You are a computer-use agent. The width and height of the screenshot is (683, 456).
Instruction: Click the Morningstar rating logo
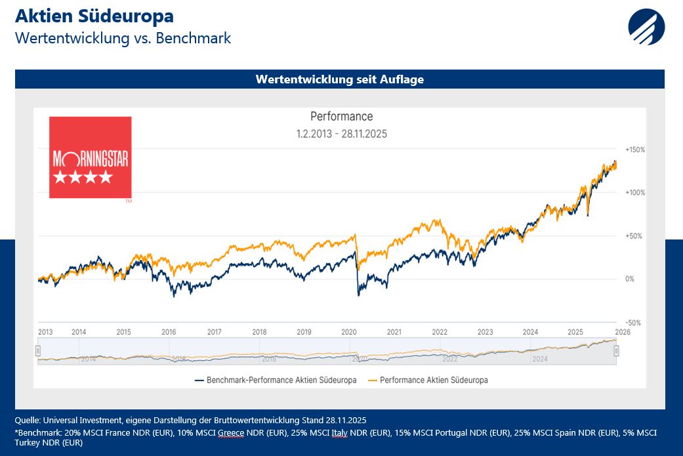[x=90, y=157]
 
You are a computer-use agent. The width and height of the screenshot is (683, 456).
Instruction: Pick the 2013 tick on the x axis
[x=45, y=332]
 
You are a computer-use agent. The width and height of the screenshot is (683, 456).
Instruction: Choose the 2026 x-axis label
[x=623, y=332]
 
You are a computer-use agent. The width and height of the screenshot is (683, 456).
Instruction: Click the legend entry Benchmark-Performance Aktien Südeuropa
[x=275, y=380]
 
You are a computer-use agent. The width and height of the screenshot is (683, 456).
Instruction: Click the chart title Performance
[x=341, y=117]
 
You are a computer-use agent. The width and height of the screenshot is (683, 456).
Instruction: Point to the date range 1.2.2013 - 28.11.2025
[x=341, y=134]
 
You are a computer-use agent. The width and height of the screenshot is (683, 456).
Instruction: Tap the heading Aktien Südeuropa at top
[x=94, y=16]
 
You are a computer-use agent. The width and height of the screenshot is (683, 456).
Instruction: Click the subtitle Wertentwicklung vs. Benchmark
[x=123, y=37]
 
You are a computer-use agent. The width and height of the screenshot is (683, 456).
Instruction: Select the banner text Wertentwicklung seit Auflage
[x=340, y=79]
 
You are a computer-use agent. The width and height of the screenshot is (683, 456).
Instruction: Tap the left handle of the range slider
[x=38, y=351]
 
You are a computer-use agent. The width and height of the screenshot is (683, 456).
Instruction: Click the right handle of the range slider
[x=617, y=351]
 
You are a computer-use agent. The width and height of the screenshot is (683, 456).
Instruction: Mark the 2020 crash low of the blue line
[x=358, y=296]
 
